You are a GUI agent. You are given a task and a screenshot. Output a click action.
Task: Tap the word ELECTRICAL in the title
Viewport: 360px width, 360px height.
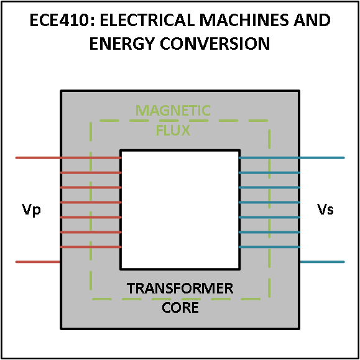(x=135, y=21)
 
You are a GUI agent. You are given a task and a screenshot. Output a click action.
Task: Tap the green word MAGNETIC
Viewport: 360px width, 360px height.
(x=173, y=111)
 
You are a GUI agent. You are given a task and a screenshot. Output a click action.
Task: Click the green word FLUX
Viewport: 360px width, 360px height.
(x=173, y=130)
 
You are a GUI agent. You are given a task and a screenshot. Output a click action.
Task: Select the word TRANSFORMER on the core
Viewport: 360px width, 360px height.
(x=180, y=288)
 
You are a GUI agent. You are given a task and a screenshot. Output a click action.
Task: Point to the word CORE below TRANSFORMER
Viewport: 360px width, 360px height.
(x=180, y=307)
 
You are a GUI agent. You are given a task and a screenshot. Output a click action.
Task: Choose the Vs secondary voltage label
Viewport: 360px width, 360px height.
(x=325, y=210)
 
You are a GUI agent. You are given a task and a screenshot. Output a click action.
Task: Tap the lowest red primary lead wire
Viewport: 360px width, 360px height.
(x=37, y=262)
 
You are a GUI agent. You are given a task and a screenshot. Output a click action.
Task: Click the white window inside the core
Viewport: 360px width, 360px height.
(x=180, y=210)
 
